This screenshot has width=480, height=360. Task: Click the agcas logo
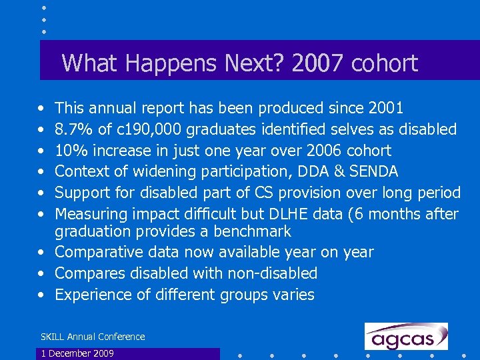406,337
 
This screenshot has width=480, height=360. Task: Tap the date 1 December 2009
77,353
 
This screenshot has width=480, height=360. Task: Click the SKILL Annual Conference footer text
93,337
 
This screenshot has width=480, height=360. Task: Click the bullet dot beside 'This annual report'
42,108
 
